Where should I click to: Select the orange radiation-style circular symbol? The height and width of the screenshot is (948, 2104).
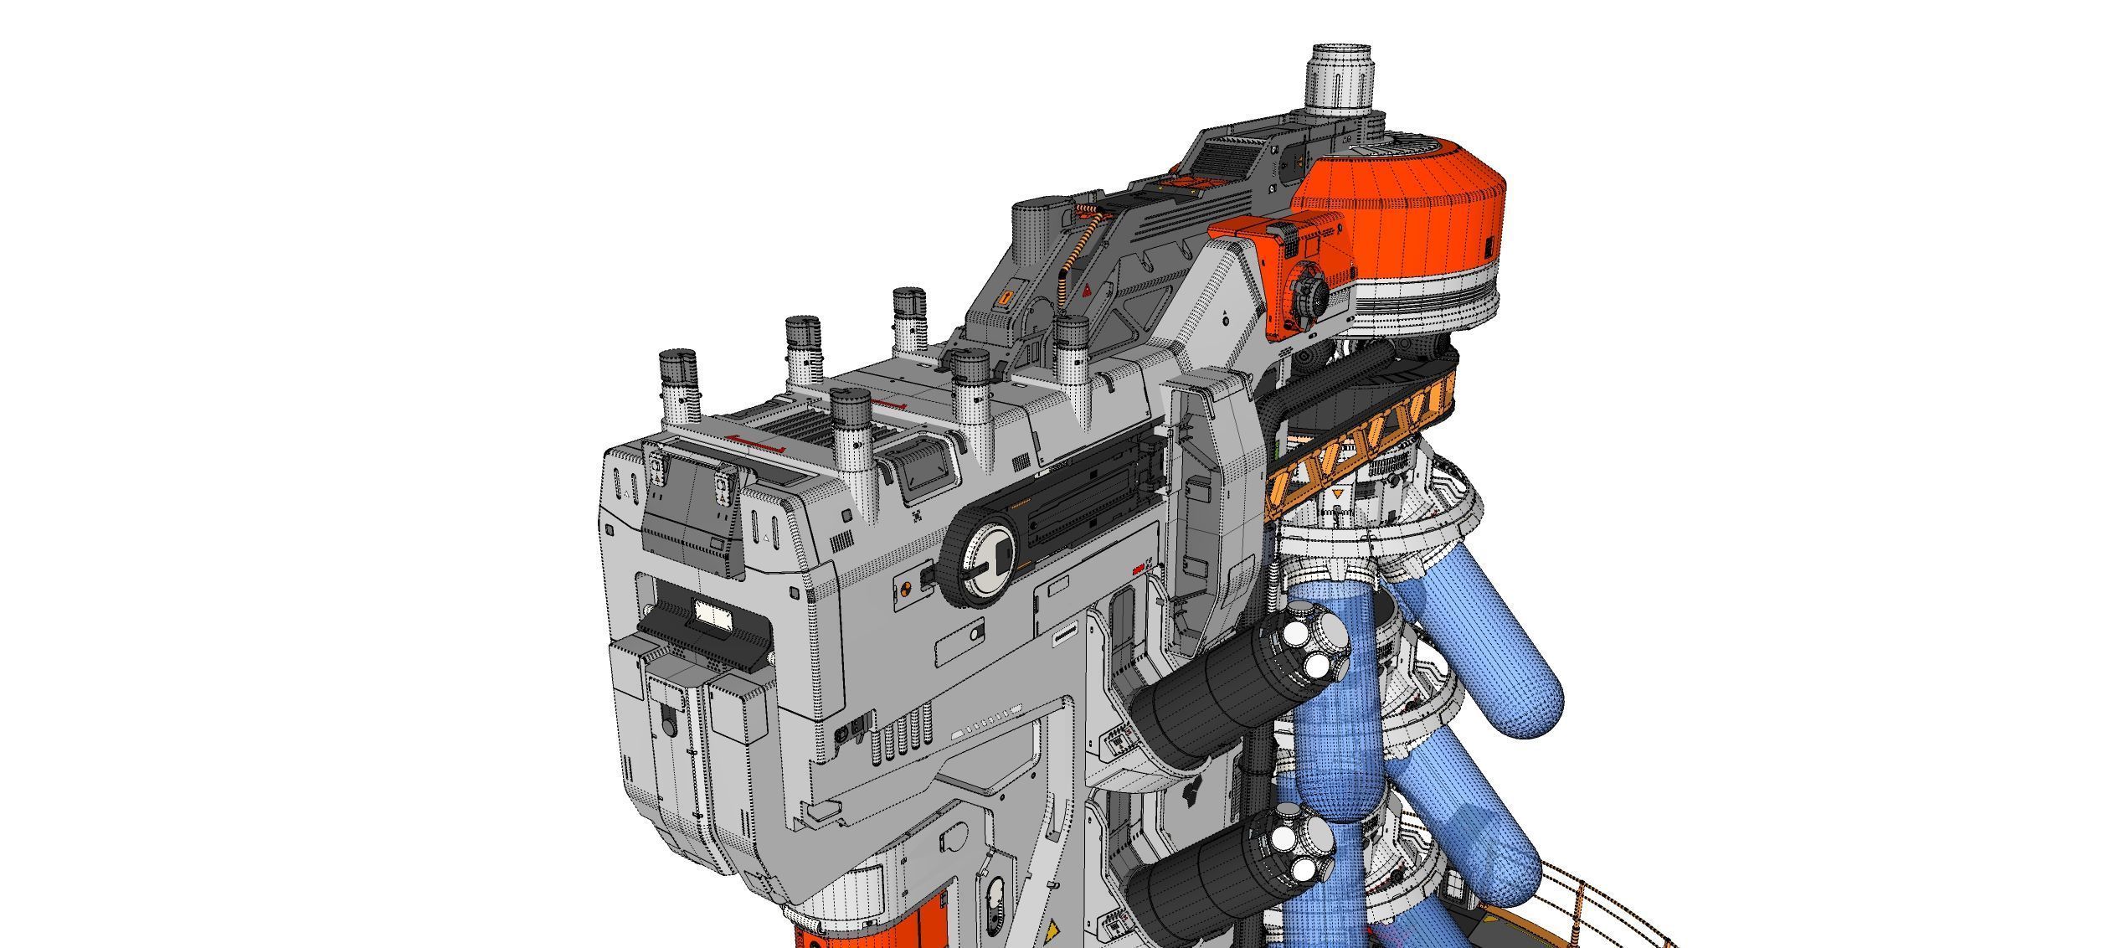coord(905,588)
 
